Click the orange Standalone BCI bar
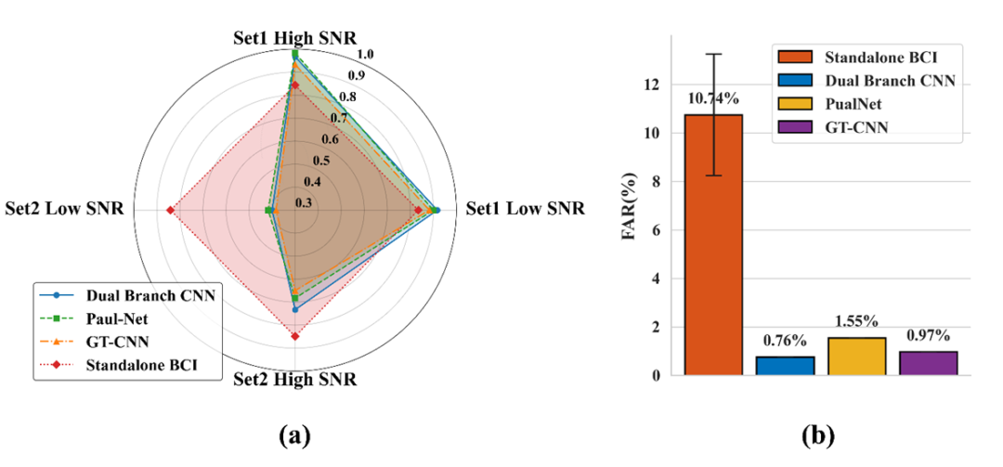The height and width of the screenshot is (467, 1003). (x=713, y=245)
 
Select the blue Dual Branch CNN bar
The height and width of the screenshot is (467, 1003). (x=785, y=366)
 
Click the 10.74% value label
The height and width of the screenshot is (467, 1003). (x=713, y=97)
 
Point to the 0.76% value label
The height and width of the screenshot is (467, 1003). (x=785, y=341)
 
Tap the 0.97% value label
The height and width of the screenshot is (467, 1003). (x=928, y=335)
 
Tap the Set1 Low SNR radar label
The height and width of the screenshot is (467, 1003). (x=525, y=209)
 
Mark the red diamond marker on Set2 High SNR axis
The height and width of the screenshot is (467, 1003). (x=295, y=336)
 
